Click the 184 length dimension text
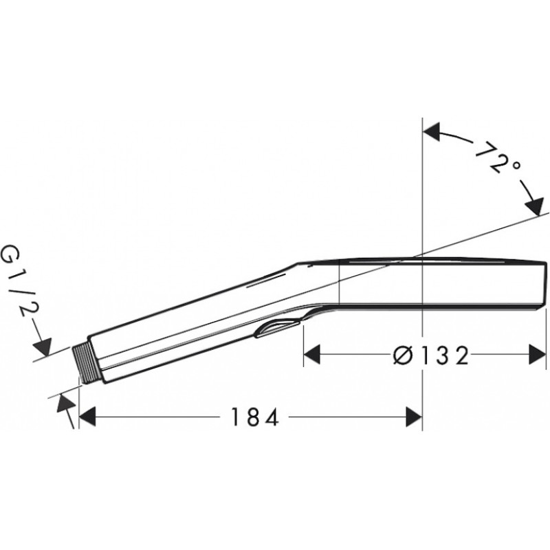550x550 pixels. point(255,417)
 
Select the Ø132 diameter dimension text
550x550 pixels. point(431,355)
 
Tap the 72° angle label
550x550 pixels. point(496,157)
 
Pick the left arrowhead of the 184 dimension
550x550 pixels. point(88,417)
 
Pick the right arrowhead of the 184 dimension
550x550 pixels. point(414,417)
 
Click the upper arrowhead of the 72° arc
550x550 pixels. point(432,132)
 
